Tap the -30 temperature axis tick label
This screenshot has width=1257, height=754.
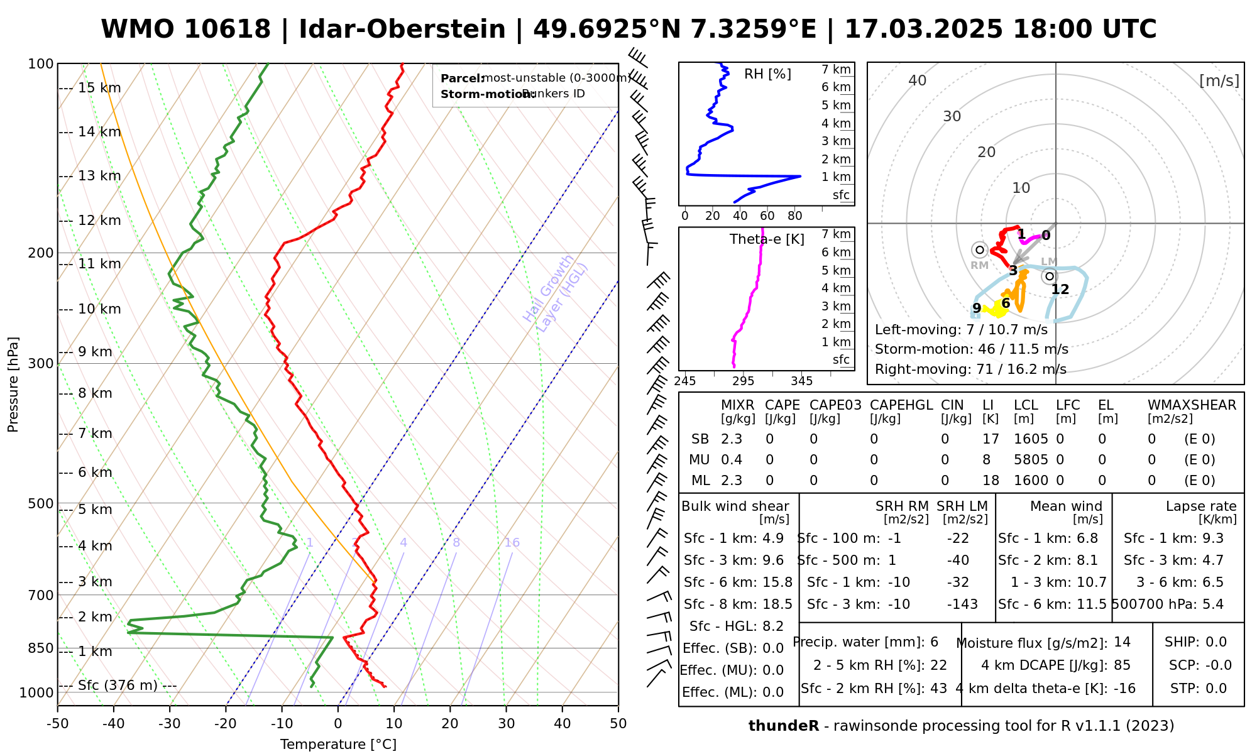coord(169,724)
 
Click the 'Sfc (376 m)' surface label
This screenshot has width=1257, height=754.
coord(118,685)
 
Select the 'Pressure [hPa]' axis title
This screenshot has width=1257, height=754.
coord(13,385)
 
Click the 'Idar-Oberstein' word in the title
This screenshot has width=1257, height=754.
coord(402,30)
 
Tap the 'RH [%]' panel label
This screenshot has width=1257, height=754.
coord(767,74)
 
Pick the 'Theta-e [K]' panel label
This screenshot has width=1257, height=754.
coord(767,239)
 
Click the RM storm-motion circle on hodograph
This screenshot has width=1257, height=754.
coord(979,250)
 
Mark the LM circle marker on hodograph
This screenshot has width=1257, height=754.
coord(1049,276)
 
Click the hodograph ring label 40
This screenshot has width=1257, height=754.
coord(918,80)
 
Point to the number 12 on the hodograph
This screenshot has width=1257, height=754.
coord(1060,290)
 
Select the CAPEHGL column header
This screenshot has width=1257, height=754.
coord(901,405)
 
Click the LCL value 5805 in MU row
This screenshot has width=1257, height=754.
coord(1031,460)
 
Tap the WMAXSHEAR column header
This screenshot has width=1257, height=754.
coord(1192,405)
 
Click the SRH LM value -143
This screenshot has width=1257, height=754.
coord(962,604)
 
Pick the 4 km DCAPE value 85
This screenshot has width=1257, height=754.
coord(1122,665)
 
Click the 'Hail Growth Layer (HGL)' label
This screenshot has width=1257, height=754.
coord(556,293)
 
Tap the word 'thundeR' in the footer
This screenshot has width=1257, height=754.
coord(783,726)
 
